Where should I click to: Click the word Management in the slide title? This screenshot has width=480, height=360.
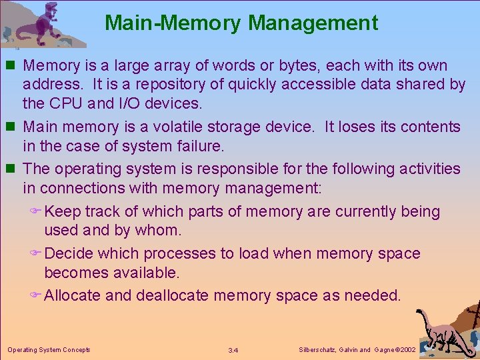[x=313, y=23]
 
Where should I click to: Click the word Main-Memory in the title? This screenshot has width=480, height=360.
[x=173, y=23]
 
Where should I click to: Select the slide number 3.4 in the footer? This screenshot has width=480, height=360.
[x=233, y=350]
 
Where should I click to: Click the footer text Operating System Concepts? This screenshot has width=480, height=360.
[x=49, y=349]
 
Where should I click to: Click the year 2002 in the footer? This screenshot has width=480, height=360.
[x=407, y=349]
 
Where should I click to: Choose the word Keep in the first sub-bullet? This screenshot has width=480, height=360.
[x=61, y=212]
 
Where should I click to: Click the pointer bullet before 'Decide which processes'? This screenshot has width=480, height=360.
[x=37, y=254]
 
